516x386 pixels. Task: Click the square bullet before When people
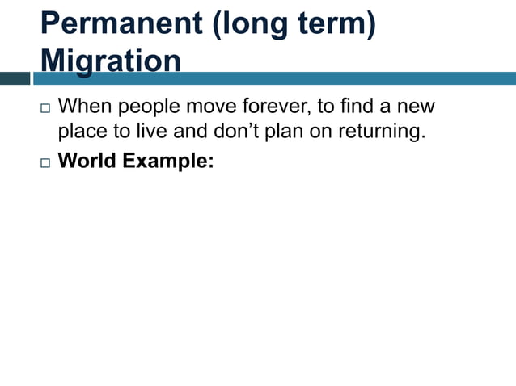(43, 107)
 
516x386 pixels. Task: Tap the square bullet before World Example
(43, 162)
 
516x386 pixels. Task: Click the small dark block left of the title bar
(15, 78)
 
